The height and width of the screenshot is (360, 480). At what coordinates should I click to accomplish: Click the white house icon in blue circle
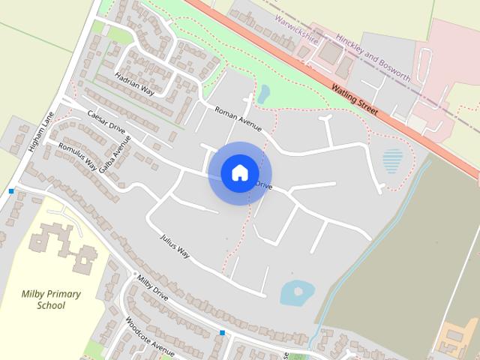tap(239, 173)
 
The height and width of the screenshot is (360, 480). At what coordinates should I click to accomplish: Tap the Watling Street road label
tap(353, 99)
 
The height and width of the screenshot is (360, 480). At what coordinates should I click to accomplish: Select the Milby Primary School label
tap(51, 299)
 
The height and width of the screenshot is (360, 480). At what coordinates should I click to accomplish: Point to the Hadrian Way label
tap(134, 83)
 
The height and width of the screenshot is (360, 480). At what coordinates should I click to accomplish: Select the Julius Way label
tap(175, 247)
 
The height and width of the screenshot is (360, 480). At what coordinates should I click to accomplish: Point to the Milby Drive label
tap(152, 289)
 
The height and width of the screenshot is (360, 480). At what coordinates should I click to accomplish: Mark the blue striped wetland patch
tap(392, 160)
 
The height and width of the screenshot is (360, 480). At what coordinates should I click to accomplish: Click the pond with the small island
tap(295, 292)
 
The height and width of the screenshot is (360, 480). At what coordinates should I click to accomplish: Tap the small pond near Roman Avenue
tap(263, 94)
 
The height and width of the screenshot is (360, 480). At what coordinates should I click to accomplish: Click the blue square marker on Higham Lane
tap(11, 191)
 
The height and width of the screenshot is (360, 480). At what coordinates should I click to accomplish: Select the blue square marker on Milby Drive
tap(222, 331)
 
